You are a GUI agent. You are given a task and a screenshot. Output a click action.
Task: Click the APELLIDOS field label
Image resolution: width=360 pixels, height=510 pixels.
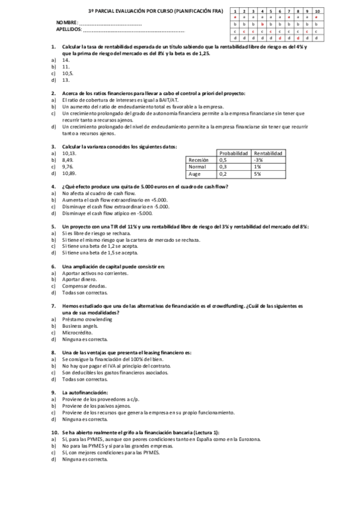70,29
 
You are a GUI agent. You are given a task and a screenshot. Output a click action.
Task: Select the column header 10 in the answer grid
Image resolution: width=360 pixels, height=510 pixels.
317,11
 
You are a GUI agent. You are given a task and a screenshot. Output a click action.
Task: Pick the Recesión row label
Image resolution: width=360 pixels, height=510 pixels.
199,160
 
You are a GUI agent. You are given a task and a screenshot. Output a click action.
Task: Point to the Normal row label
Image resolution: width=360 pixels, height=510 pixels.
198,167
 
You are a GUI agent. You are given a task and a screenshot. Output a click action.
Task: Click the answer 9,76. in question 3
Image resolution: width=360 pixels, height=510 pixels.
69,167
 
